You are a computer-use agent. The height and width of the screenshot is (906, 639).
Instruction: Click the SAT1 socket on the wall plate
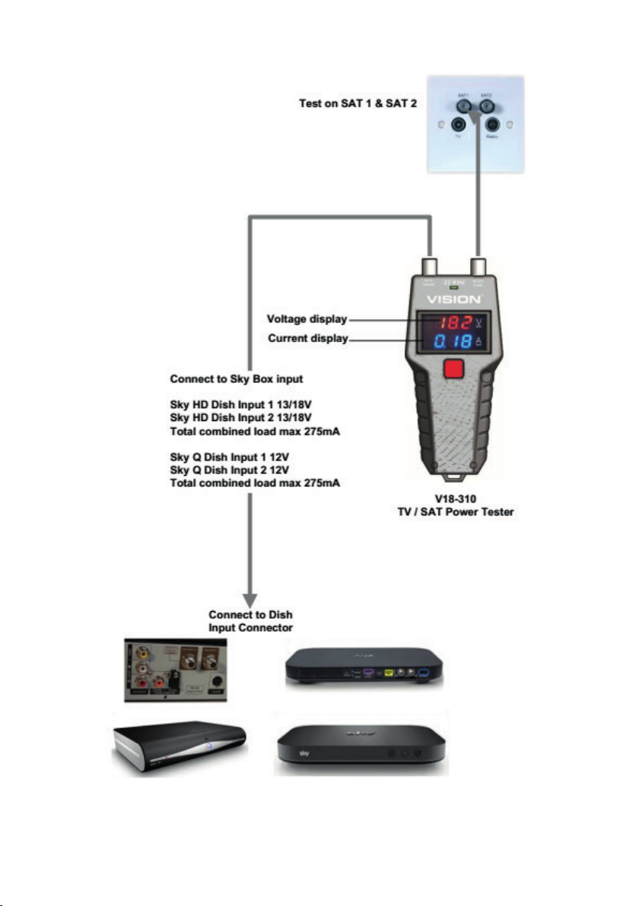[x=462, y=106]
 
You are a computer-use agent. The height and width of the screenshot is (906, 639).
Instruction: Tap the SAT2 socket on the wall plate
[x=488, y=106]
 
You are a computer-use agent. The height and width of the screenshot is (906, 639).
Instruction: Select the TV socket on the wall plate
[x=458, y=126]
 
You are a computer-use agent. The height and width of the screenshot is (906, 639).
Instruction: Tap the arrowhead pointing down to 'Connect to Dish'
[x=252, y=596]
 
